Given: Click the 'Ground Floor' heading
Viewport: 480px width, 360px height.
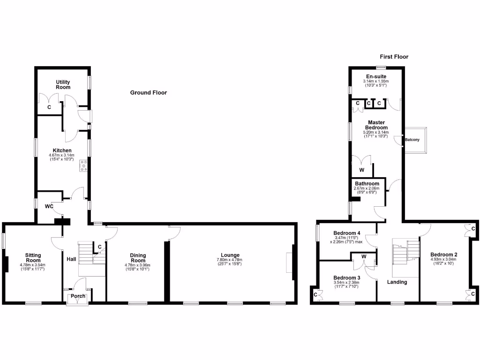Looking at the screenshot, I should (x=148, y=93).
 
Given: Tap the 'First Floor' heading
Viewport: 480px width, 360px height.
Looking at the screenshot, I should (x=394, y=57).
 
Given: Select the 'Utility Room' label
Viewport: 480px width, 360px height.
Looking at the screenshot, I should (x=63, y=84).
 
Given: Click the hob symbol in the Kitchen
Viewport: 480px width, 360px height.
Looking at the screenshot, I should (x=84, y=165).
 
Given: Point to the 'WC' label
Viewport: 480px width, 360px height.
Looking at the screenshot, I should (x=49, y=206).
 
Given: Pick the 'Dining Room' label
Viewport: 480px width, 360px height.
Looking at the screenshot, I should (x=138, y=258).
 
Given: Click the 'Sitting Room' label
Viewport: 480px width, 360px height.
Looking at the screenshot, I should (x=33, y=258).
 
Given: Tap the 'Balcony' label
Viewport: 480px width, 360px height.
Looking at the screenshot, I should (x=412, y=140).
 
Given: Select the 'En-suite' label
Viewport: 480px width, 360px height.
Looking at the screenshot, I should (x=376, y=76).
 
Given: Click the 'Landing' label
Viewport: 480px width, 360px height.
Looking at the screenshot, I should (x=397, y=282).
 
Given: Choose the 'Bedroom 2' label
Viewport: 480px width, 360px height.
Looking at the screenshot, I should (x=443, y=255).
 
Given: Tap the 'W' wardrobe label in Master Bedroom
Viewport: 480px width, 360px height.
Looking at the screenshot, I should (x=361, y=170).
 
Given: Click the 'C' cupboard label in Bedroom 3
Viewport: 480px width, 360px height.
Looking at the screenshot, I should (x=315, y=295).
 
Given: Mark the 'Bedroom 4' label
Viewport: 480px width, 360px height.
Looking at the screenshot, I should (x=347, y=233).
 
